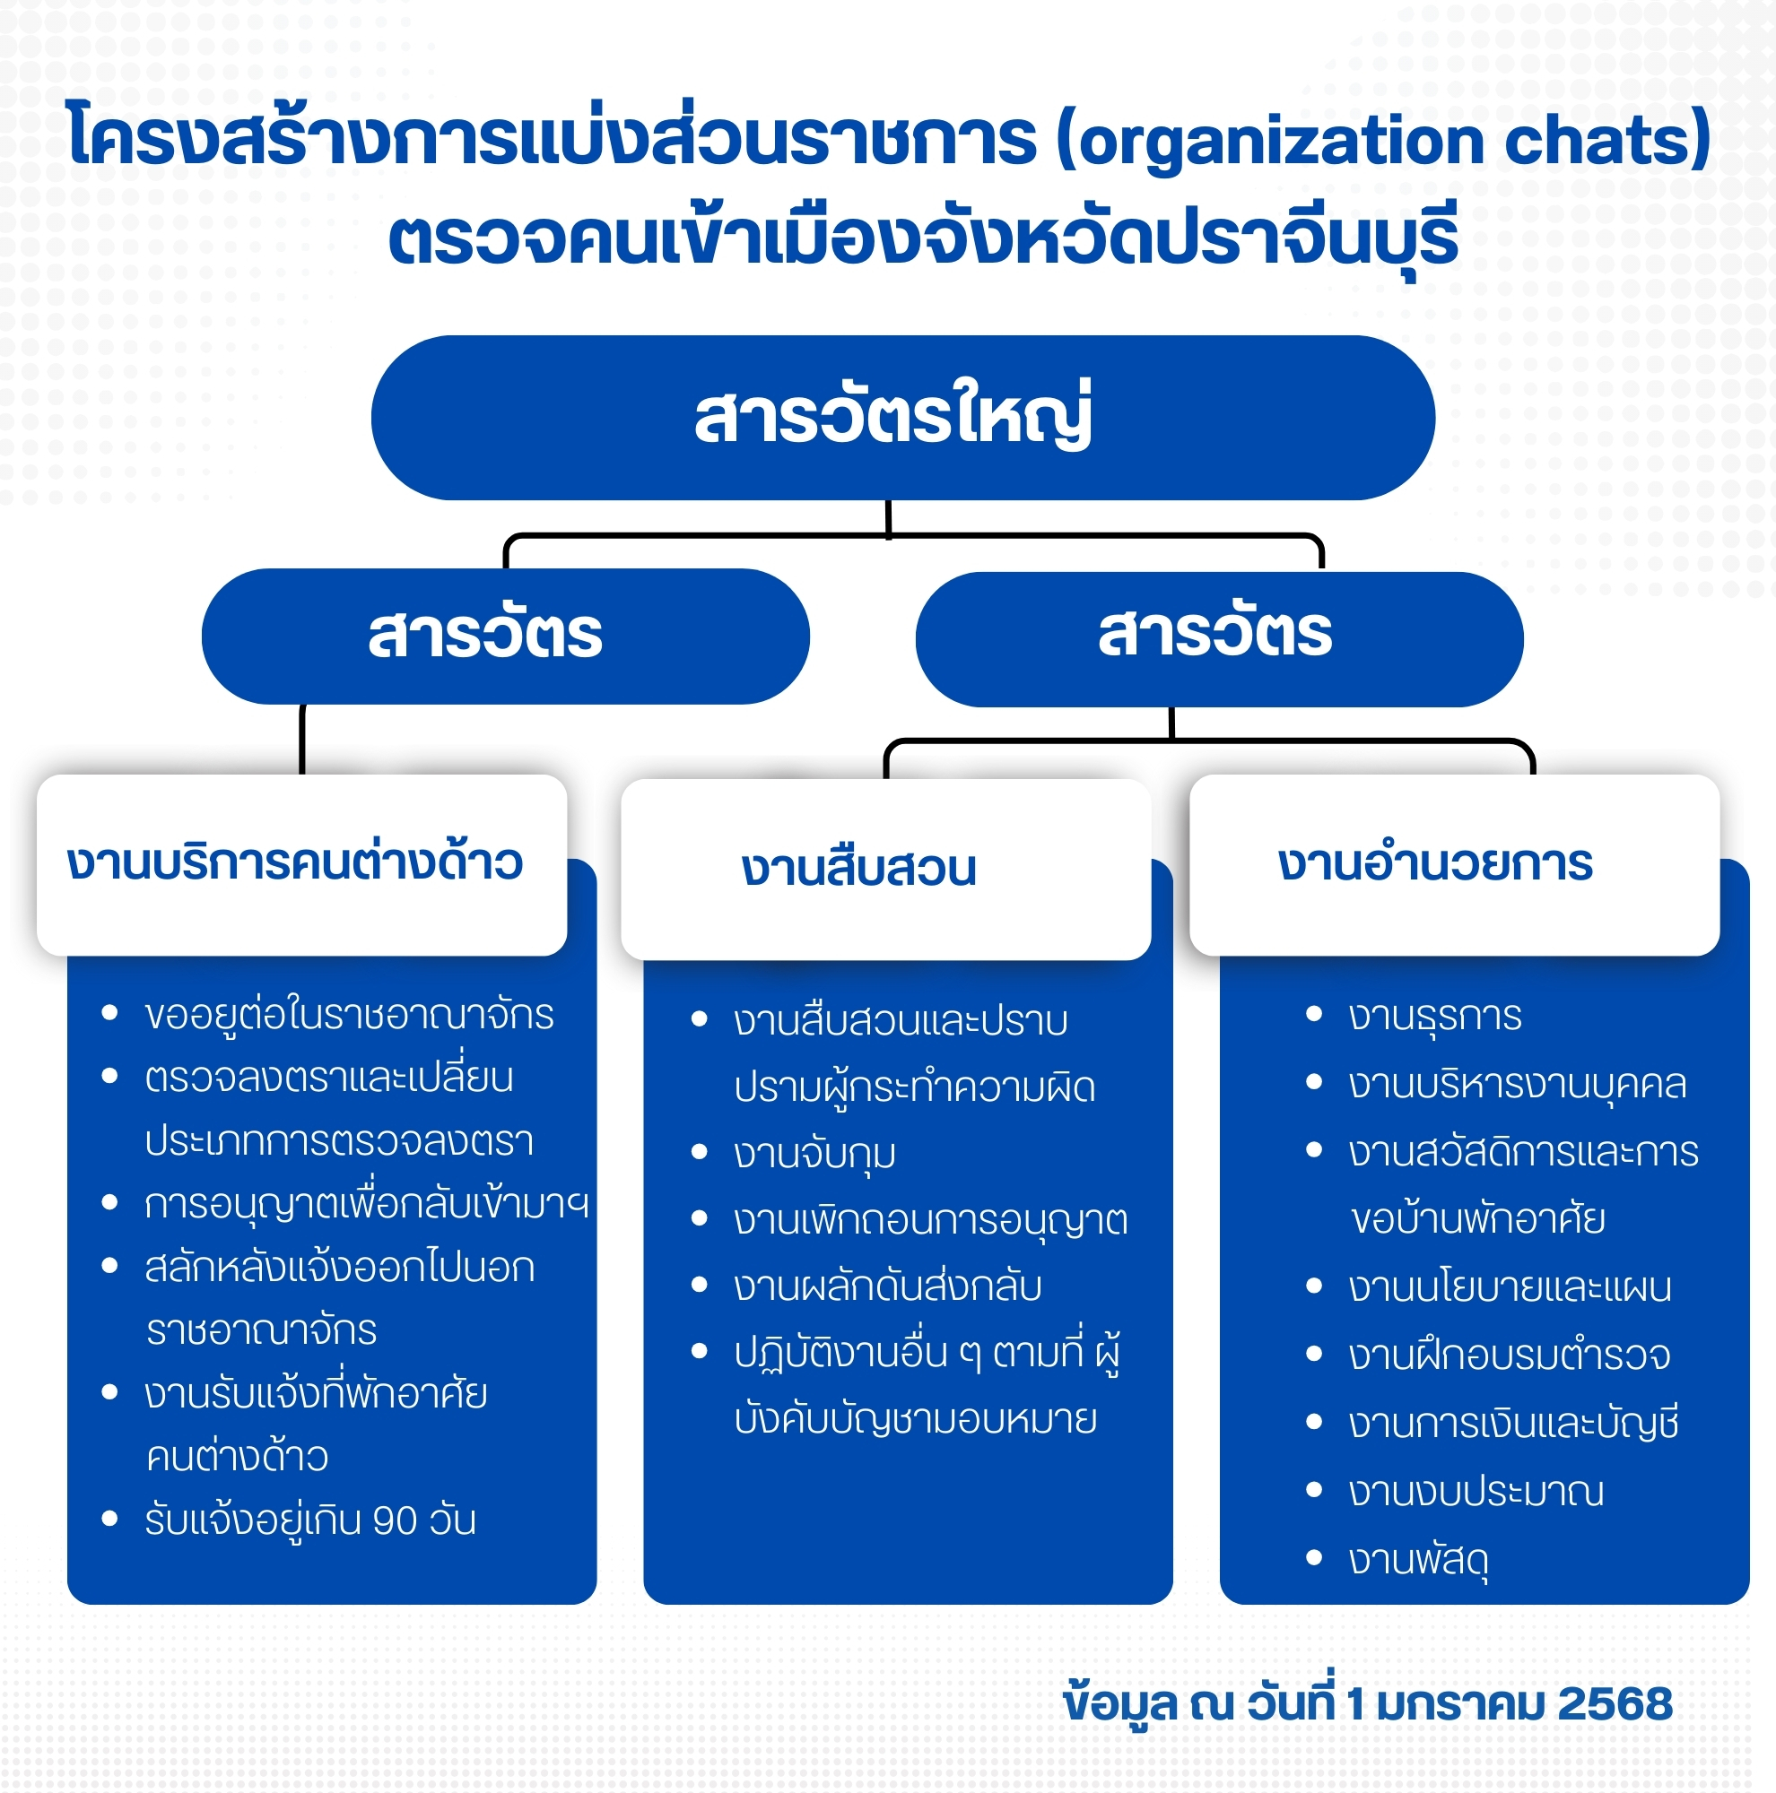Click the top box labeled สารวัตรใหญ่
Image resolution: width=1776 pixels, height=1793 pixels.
click(x=902, y=418)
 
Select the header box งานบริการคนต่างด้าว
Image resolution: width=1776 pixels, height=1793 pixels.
click(x=301, y=864)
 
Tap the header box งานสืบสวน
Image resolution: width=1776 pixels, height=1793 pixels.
click(x=885, y=869)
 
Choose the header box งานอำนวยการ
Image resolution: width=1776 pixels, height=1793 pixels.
click(x=1454, y=864)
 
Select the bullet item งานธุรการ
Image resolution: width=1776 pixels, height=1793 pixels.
click(x=1435, y=1017)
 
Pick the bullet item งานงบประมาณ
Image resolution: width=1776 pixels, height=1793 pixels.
click(x=1476, y=1493)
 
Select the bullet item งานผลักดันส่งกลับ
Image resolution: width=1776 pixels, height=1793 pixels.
click(x=887, y=1286)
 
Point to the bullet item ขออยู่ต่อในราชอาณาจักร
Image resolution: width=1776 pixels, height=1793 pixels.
click(x=349, y=1014)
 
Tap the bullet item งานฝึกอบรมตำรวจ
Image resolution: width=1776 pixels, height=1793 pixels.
click(x=1510, y=1356)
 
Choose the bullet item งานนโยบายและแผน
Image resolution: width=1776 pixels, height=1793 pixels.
click(x=1510, y=1288)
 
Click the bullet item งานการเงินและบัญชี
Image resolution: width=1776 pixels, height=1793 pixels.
click(x=1513, y=1424)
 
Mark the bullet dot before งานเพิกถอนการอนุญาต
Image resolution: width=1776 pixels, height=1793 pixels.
click(x=700, y=1218)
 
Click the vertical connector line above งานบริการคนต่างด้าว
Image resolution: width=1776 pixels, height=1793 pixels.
click(x=301, y=740)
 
